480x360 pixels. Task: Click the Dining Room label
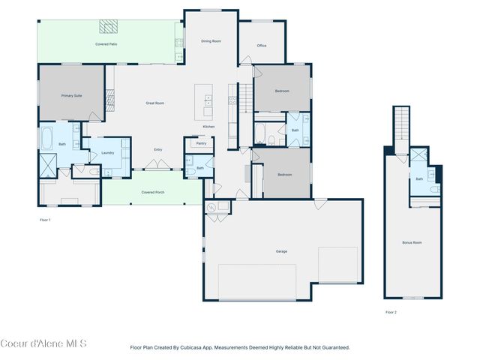click(x=211, y=40)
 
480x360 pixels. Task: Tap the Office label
click(x=262, y=46)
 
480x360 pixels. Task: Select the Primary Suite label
click(x=71, y=95)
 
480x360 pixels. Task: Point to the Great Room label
click(x=154, y=103)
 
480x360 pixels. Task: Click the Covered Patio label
click(x=106, y=44)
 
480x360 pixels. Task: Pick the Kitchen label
click(x=208, y=126)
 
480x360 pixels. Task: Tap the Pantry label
click(x=201, y=143)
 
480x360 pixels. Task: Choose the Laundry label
click(x=107, y=153)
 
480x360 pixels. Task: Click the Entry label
click(x=158, y=150)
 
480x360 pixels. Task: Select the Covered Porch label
click(x=153, y=192)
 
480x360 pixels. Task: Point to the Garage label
click(x=281, y=251)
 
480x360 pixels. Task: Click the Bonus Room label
click(x=412, y=242)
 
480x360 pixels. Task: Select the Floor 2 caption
click(x=391, y=312)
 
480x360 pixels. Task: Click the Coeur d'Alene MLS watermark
click(x=43, y=343)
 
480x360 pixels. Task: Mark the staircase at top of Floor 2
click(x=403, y=124)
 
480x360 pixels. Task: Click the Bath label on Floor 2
click(x=419, y=178)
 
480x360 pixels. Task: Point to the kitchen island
click(x=204, y=101)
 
